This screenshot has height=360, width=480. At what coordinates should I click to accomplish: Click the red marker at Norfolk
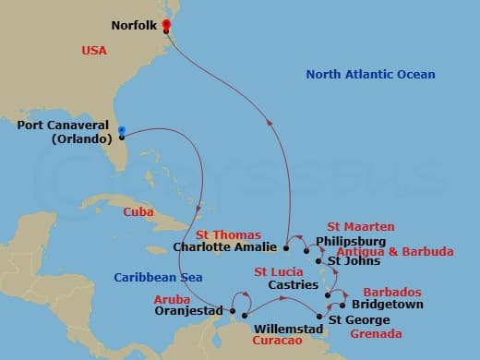(x=166, y=24)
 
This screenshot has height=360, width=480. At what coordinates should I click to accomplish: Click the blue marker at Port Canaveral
(x=122, y=130)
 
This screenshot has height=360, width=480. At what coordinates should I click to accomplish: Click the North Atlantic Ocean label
(x=370, y=75)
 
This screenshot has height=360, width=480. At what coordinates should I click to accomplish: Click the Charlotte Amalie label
(x=224, y=246)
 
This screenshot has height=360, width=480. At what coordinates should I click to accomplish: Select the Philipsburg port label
(x=349, y=243)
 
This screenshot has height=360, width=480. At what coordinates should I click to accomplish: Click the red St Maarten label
(x=361, y=226)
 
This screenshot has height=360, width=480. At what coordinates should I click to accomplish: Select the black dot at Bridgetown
(x=342, y=305)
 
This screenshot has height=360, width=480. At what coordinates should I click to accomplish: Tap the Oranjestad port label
(x=189, y=310)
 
